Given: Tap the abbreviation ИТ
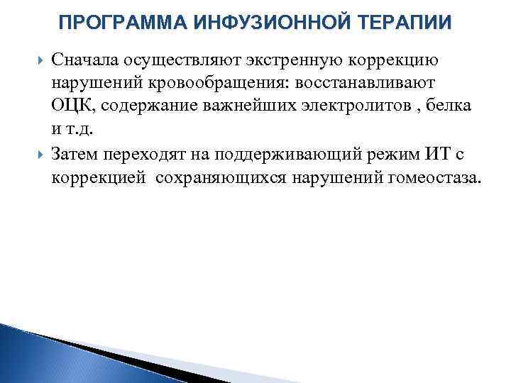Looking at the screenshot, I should [x=435, y=153].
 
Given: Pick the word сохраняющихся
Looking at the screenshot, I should [x=221, y=177].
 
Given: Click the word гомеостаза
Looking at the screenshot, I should [x=434, y=177].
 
